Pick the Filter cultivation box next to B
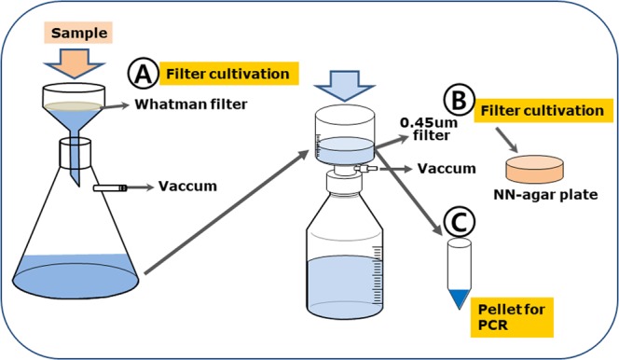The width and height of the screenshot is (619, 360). coord(542,111)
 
